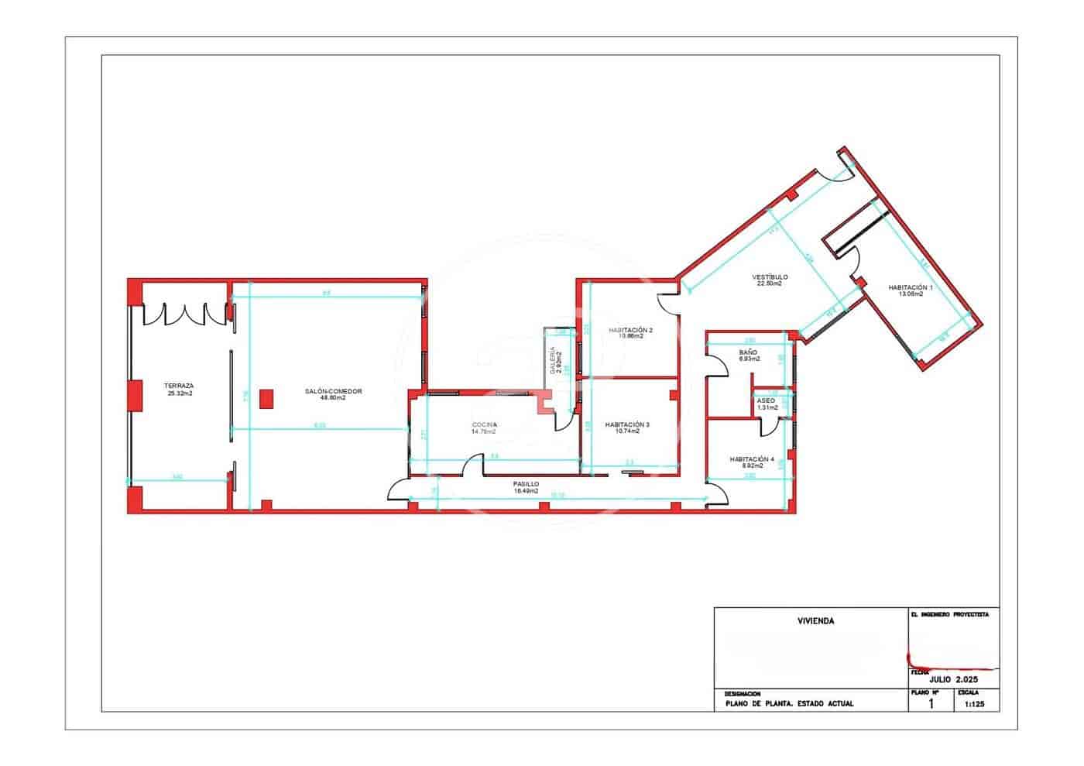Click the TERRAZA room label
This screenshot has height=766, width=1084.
tap(179, 385)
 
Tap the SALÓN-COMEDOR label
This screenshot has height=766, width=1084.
tap(333, 391)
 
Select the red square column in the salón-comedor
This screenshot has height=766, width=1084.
tap(266, 398)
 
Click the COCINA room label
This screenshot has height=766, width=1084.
tap(484, 425)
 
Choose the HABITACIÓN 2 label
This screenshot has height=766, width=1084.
tap(630, 330)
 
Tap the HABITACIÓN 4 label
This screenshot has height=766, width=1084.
tap(751, 459)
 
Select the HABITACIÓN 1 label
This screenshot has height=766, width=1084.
tap(910, 287)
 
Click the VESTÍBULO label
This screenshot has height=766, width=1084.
tap(769, 277)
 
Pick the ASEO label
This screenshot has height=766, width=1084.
tap(766, 400)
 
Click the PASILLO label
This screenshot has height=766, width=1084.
tap(526, 483)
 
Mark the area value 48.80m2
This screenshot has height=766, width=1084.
tap(333, 398)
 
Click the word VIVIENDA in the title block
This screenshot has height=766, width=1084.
tap(815, 620)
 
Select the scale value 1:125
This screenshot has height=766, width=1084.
tap(975, 705)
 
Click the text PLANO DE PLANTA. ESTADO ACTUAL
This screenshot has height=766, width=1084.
tap(789, 704)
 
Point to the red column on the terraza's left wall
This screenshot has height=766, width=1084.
tap(135, 395)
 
